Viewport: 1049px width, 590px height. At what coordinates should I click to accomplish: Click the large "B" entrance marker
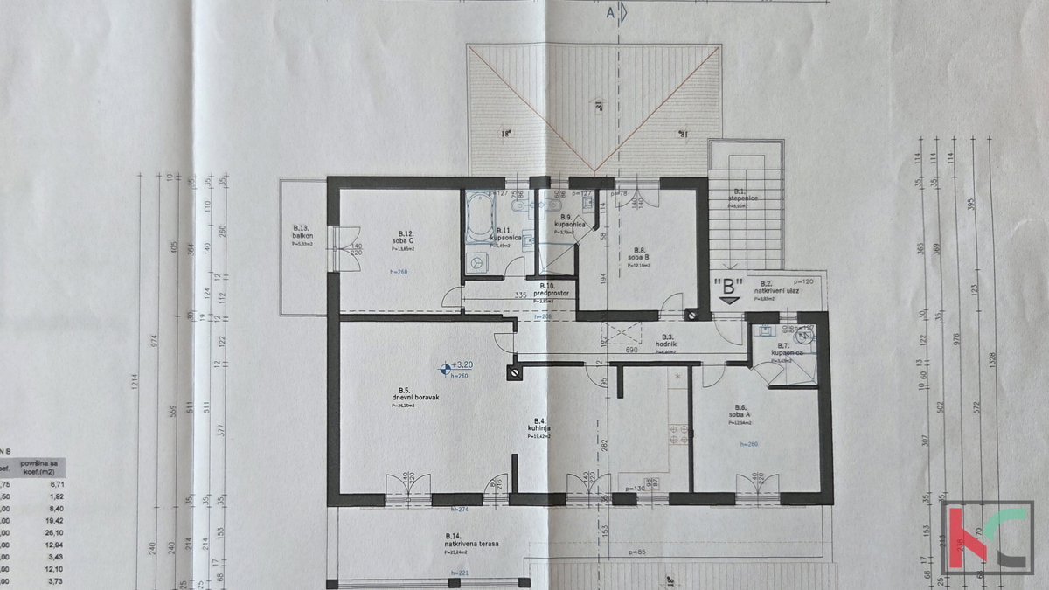pyautogui.click(x=728, y=285)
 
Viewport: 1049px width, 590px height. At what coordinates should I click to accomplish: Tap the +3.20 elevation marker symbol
pyautogui.click(x=444, y=368)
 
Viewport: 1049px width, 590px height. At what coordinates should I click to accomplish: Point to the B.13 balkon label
pyautogui.click(x=303, y=235)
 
